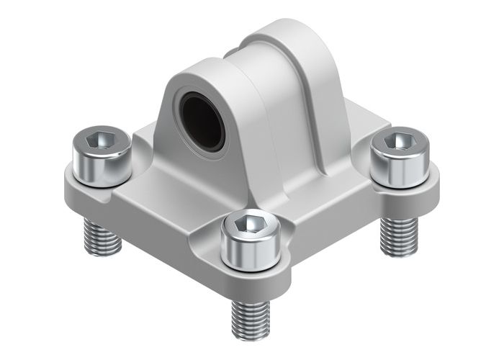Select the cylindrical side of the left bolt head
[x=101, y=167]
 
